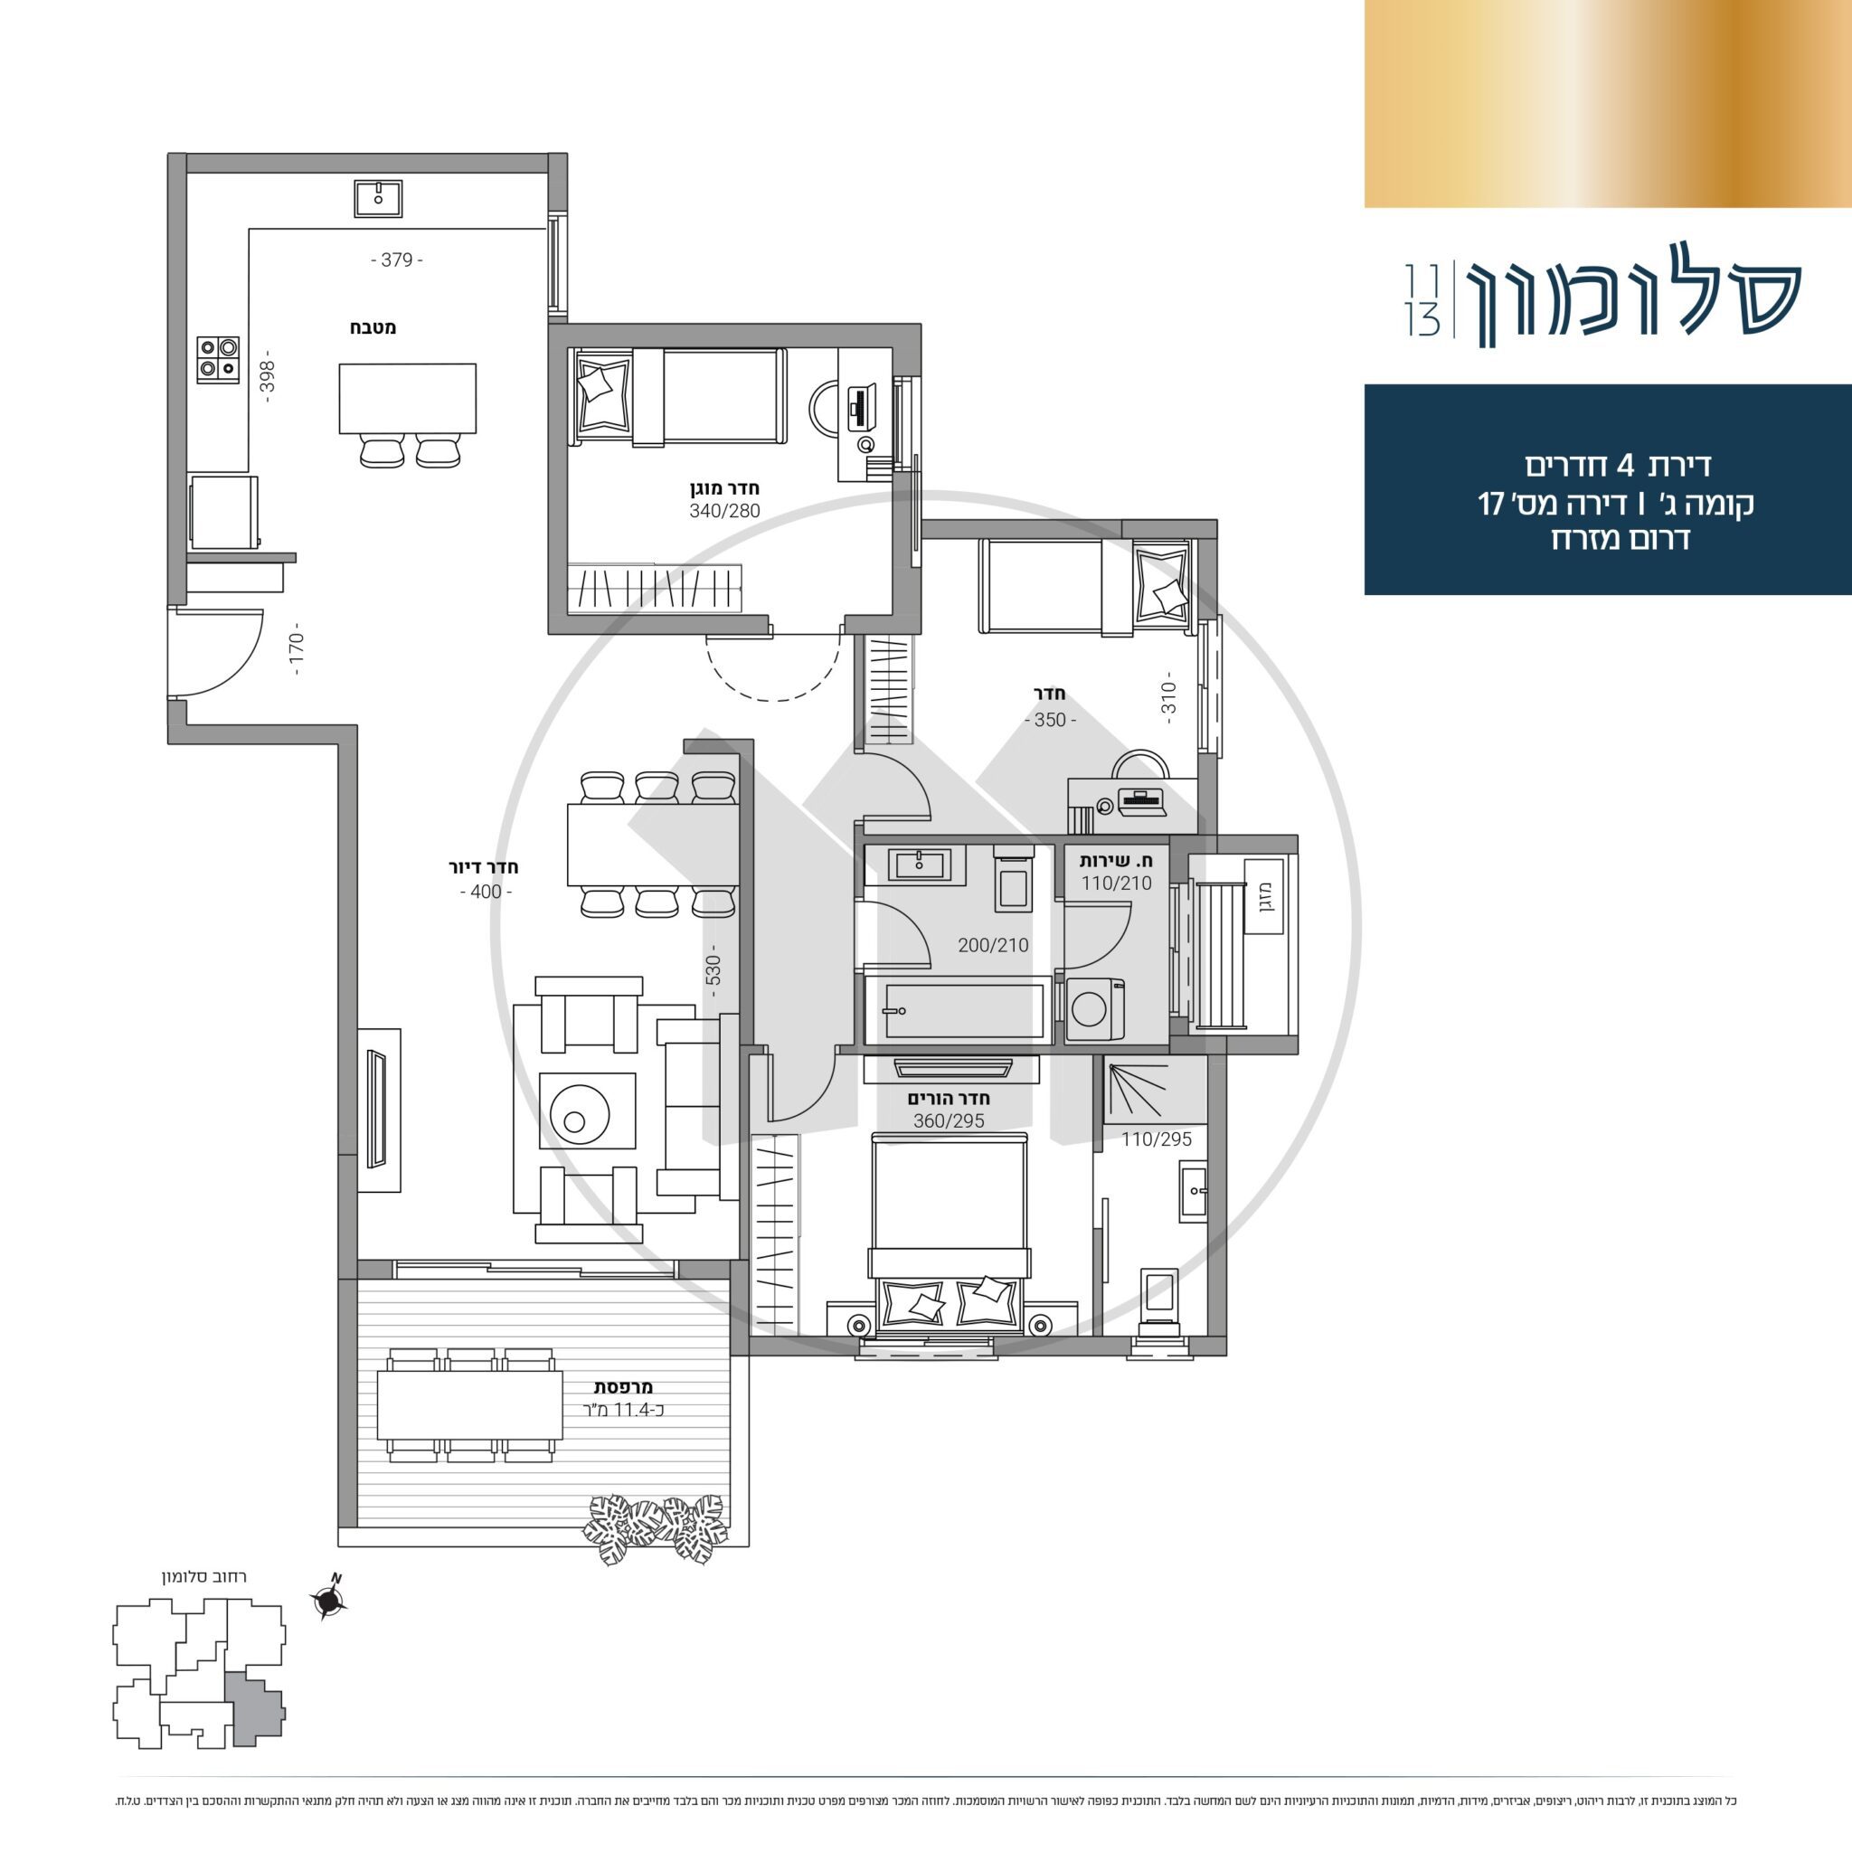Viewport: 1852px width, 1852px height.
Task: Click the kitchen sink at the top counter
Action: coord(378,198)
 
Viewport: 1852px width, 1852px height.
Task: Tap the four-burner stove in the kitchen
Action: coord(218,360)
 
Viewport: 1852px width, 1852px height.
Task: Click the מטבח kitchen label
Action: coord(373,328)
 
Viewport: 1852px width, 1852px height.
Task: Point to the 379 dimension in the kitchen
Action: coord(397,260)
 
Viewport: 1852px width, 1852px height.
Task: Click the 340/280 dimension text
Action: coord(723,511)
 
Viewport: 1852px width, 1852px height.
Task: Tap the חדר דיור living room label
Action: coord(484,867)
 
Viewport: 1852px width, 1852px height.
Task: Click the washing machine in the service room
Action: coord(1095,1009)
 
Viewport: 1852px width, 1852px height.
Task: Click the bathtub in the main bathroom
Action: coord(955,1010)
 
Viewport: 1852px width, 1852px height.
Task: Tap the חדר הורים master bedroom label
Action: coord(949,1099)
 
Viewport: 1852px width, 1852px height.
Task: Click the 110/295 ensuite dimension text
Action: coord(1156,1139)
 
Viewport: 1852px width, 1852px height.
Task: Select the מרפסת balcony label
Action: coord(623,1387)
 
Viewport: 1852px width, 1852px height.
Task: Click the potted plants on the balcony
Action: coord(656,1530)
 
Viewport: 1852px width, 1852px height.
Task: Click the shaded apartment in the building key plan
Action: coord(254,1713)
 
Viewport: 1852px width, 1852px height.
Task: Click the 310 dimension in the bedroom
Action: coord(1167,695)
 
